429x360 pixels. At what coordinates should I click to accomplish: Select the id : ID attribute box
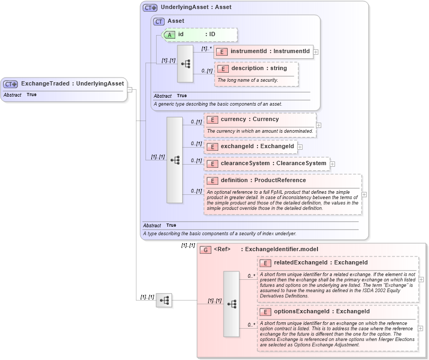click(199, 35)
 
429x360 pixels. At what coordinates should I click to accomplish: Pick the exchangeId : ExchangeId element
click(250, 147)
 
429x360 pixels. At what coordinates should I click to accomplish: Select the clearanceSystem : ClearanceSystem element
click(267, 164)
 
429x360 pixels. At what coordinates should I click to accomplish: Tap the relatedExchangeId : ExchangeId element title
click(320, 263)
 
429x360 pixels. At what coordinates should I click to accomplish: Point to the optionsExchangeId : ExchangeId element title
click(321, 312)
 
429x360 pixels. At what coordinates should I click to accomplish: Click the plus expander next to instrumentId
click(316, 52)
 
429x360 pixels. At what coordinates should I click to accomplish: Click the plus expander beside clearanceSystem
click(332, 164)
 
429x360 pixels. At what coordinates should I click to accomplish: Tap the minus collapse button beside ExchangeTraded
click(130, 89)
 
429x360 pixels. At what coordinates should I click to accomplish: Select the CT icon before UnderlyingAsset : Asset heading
click(150, 8)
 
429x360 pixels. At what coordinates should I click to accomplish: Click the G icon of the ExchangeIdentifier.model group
click(205, 250)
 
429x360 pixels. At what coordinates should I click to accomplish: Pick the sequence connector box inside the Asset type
click(185, 64)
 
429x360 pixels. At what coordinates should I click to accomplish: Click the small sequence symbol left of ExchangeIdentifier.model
click(164, 301)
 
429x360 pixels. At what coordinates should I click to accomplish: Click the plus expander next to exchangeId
click(300, 147)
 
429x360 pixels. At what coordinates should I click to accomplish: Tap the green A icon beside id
click(169, 35)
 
